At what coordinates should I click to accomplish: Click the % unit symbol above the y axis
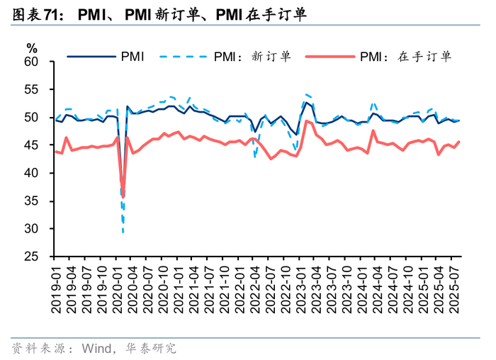[32, 48]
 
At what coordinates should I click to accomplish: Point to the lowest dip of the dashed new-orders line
[123, 231]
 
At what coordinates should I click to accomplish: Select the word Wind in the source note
[97, 348]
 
